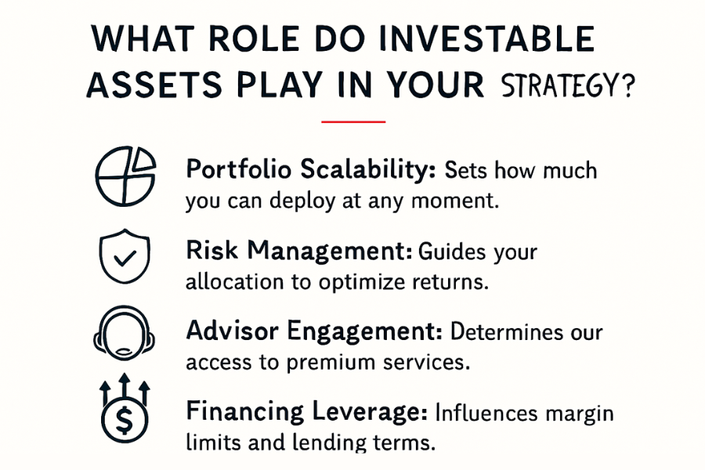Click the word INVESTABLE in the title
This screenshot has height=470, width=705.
click(x=487, y=38)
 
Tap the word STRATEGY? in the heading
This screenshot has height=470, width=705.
click(x=568, y=86)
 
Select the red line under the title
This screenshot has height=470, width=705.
click(x=353, y=121)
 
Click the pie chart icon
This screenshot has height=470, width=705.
click(x=125, y=175)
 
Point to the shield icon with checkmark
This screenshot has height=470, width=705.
click(x=125, y=256)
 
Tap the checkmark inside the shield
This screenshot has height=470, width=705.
click(x=125, y=258)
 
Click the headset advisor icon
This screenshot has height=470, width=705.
click(x=124, y=333)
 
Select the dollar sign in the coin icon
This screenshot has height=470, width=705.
click(x=125, y=420)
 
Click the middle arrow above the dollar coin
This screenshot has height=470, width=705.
click(x=125, y=386)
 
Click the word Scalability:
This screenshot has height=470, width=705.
click(x=368, y=169)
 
